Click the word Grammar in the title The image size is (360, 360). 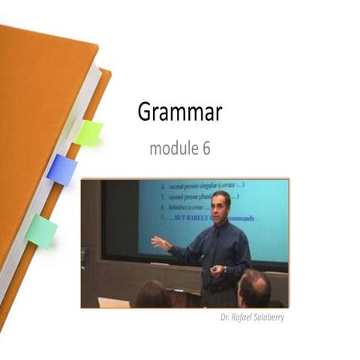(x=179, y=112)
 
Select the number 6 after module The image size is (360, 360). (x=205, y=148)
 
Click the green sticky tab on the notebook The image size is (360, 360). (x=88, y=133)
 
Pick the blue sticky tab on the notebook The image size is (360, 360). (x=61, y=169)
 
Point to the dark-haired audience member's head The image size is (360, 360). (x=153, y=294)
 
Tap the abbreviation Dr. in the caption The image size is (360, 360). (x=216, y=317)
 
